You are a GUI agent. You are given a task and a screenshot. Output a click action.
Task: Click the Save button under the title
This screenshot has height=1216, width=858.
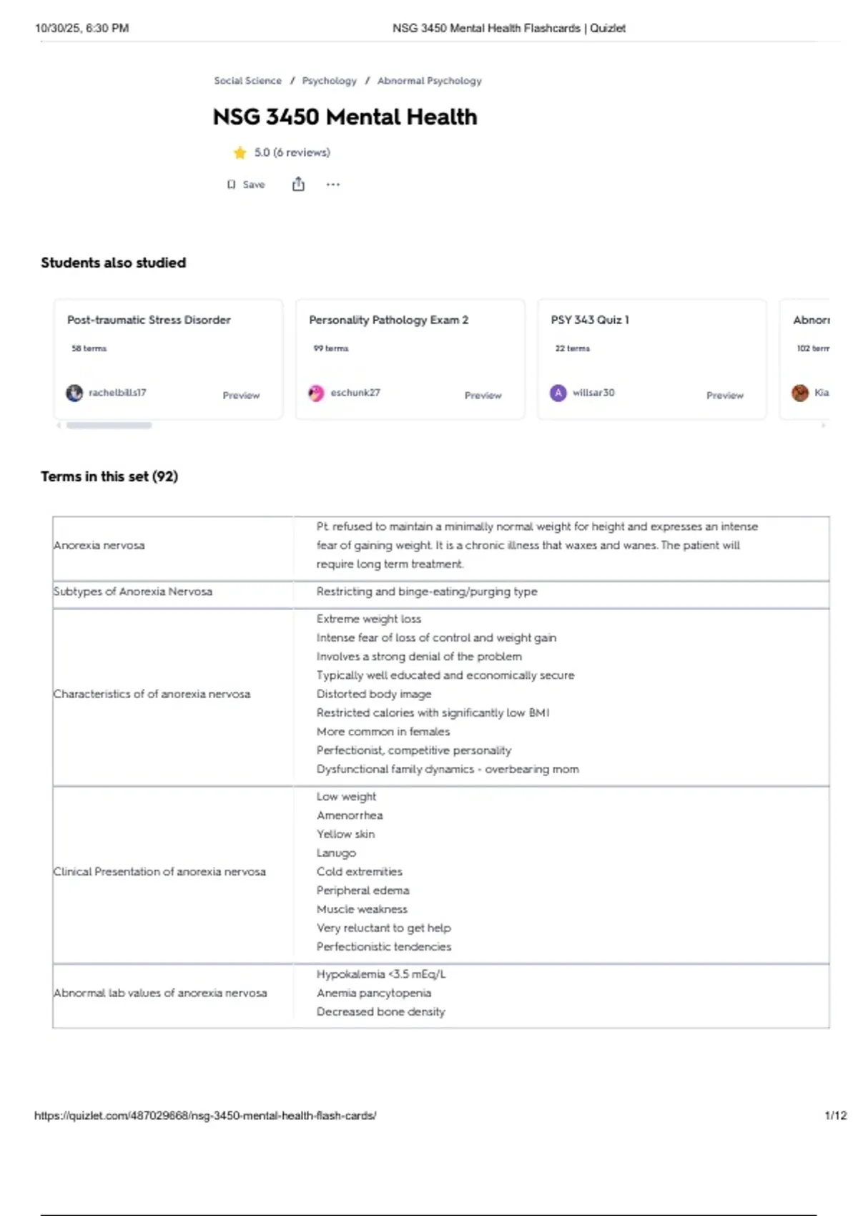247,185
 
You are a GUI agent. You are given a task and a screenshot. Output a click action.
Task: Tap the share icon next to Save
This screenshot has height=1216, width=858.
298,185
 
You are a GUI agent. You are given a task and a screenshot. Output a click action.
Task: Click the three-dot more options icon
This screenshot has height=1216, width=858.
333,185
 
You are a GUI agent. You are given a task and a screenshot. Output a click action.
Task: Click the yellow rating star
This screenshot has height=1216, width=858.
240,152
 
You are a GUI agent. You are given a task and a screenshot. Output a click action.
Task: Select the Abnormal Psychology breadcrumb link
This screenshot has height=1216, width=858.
429,81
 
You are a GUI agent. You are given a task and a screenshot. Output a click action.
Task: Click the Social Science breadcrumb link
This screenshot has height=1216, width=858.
247,81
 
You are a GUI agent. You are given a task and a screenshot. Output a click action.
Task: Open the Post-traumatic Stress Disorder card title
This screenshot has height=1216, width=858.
149,320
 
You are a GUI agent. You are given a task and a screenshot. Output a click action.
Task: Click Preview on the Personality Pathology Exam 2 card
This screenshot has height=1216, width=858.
483,395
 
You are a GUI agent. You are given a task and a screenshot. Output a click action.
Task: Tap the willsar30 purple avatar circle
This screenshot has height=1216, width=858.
558,393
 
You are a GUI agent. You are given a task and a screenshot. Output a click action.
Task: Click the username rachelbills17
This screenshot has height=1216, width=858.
117,393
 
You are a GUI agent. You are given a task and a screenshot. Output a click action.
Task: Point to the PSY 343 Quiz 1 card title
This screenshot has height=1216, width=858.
590,320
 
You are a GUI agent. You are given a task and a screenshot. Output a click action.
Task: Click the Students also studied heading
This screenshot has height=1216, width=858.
113,263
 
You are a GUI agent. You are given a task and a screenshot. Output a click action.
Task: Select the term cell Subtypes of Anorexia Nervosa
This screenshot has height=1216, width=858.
133,592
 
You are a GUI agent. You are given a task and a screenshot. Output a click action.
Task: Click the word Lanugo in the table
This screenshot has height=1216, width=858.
336,853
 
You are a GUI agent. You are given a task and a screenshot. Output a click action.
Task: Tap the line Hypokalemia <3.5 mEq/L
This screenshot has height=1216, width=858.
381,974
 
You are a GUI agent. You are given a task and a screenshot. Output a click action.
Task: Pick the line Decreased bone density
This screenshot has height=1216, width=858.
380,1011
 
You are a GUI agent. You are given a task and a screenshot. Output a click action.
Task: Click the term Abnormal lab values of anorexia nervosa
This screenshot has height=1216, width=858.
160,993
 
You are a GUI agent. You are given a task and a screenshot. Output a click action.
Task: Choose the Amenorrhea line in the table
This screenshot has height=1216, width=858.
350,815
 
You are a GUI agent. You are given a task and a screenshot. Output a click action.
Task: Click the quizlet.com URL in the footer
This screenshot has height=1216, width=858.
205,1115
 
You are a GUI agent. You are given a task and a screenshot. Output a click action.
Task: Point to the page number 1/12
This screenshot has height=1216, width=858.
835,1115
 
